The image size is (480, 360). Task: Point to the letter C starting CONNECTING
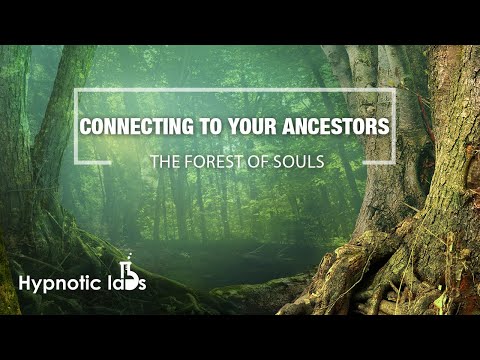(84, 129)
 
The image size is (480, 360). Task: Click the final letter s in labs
(142, 284)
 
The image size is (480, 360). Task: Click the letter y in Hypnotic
(40, 286)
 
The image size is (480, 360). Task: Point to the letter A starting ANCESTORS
(282, 129)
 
